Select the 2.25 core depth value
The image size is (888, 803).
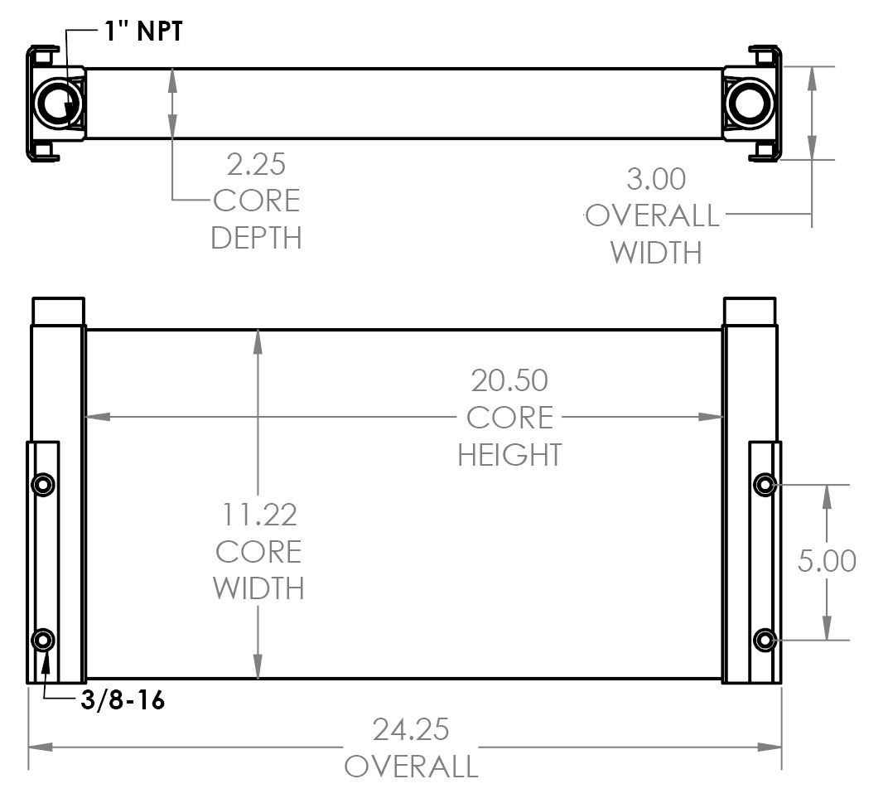(256, 164)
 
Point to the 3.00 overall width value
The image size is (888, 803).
(656, 179)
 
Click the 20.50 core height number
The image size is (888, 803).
(509, 380)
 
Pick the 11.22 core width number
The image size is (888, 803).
(258, 515)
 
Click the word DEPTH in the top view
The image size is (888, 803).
(256, 238)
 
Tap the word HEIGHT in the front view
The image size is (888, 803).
(509, 454)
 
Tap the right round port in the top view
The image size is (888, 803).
(747, 104)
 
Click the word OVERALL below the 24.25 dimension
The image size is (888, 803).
(411, 767)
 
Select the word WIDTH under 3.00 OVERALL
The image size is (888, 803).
(656, 252)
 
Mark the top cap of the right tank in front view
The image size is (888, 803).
(750, 311)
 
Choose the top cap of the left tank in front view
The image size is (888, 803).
(58, 311)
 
